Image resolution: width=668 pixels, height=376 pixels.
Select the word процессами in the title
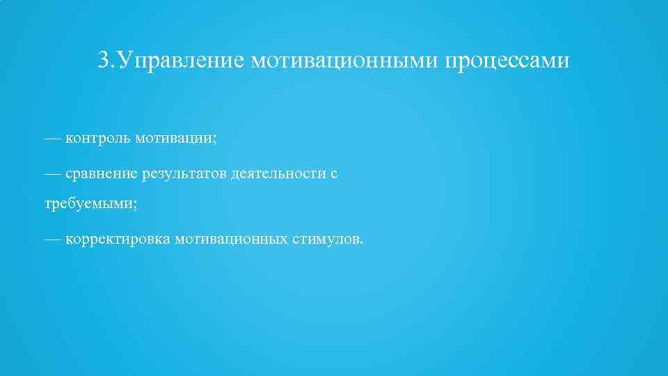pos(507,61)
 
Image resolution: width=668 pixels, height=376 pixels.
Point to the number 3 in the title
pos(104,61)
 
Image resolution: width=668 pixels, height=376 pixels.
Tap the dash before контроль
pos(52,139)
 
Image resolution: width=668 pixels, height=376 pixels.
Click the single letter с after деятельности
pos(334,174)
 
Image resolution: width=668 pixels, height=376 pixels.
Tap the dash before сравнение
pos(52,173)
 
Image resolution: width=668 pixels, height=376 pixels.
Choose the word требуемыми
pos(88,205)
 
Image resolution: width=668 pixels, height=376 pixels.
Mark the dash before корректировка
pos(52,240)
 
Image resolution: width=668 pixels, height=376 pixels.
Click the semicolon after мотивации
pos(214,140)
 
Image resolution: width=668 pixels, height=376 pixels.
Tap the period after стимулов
pos(360,243)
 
